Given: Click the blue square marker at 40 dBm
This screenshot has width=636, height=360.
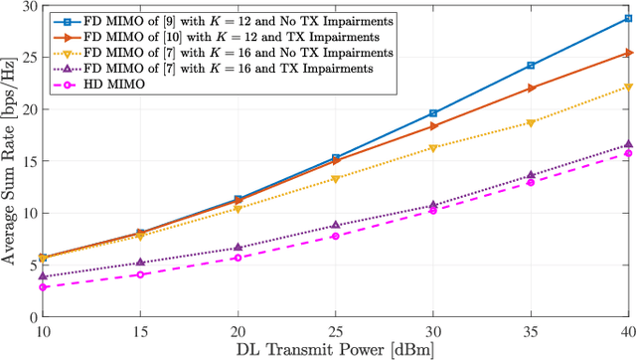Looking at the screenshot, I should tap(627, 18).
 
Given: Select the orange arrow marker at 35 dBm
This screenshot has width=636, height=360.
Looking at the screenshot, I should tap(531, 88).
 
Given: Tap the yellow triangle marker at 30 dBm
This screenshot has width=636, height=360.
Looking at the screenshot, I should tap(433, 147).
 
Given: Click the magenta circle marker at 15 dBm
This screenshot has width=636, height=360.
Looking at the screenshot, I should tap(140, 273).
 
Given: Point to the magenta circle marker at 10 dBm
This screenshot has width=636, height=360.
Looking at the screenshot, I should tap(43, 286).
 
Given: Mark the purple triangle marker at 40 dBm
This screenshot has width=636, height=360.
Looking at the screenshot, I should tap(627, 144).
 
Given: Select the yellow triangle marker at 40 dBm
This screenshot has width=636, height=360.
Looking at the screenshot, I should tap(627, 88).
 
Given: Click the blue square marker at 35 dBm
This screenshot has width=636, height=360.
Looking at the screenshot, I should tap(531, 66).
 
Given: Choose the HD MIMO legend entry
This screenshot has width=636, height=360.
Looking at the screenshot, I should tap(119, 85).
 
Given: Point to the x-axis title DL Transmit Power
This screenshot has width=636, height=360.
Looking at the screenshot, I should tap(335, 349).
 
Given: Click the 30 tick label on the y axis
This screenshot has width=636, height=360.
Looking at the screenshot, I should tap(29, 7).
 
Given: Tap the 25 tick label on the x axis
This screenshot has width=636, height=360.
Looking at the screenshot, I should tap(336, 327).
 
